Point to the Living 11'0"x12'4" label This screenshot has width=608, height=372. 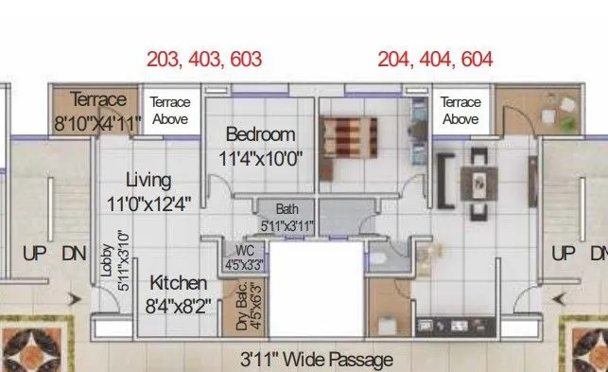148,190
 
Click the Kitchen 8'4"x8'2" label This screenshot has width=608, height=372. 178,293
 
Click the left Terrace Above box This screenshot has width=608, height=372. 170,111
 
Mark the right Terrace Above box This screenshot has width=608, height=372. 460,111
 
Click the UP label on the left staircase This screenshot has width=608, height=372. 34,254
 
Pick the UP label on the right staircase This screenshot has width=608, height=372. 564,254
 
